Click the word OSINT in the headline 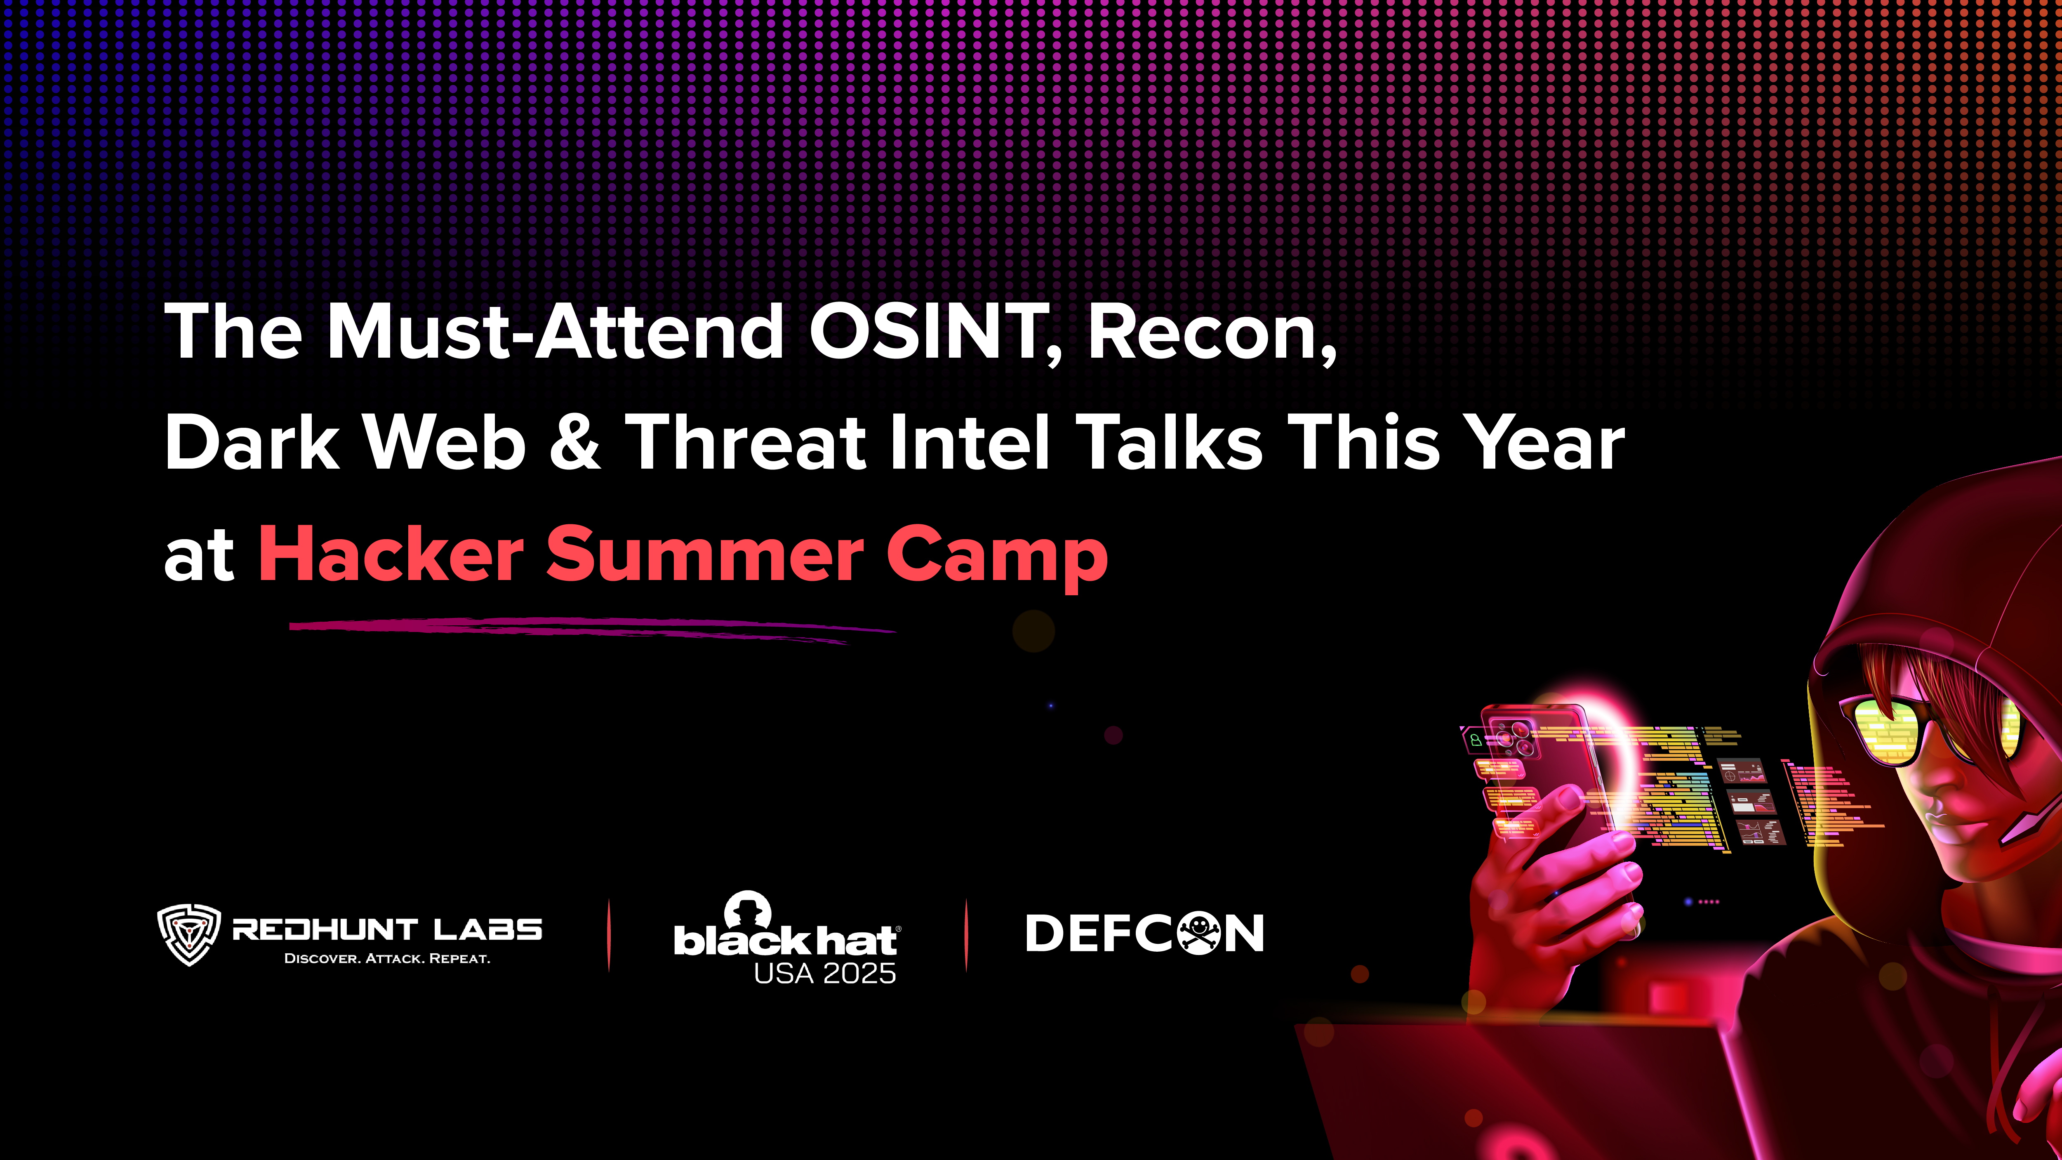click(x=929, y=332)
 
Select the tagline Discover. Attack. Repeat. click(x=387, y=958)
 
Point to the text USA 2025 click(x=824, y=974)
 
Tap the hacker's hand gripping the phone click(x=1545, y=881)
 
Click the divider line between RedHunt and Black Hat click(x=609, y=935)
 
